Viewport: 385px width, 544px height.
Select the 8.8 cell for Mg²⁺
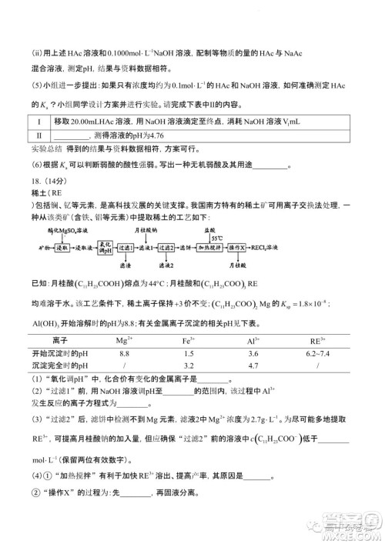(x=149, y=351)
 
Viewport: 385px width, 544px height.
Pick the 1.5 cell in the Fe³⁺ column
(x=209, y=351)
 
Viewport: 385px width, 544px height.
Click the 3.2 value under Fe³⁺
(x=209, y=364)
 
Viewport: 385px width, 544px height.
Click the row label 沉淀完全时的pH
(x=57, y=364)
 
